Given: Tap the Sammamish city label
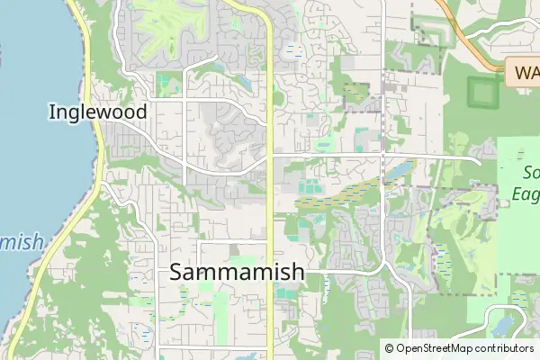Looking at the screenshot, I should (x=237, y=271).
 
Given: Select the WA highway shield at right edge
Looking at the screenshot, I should (x=523, y=71).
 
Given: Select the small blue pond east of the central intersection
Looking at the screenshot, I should (x=399, y=169).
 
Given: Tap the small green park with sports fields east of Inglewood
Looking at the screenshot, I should (x=166, y=85).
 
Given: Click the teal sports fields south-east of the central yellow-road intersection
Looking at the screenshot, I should (x=308, y=187).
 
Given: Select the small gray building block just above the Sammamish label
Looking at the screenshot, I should (x=236, y=249).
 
